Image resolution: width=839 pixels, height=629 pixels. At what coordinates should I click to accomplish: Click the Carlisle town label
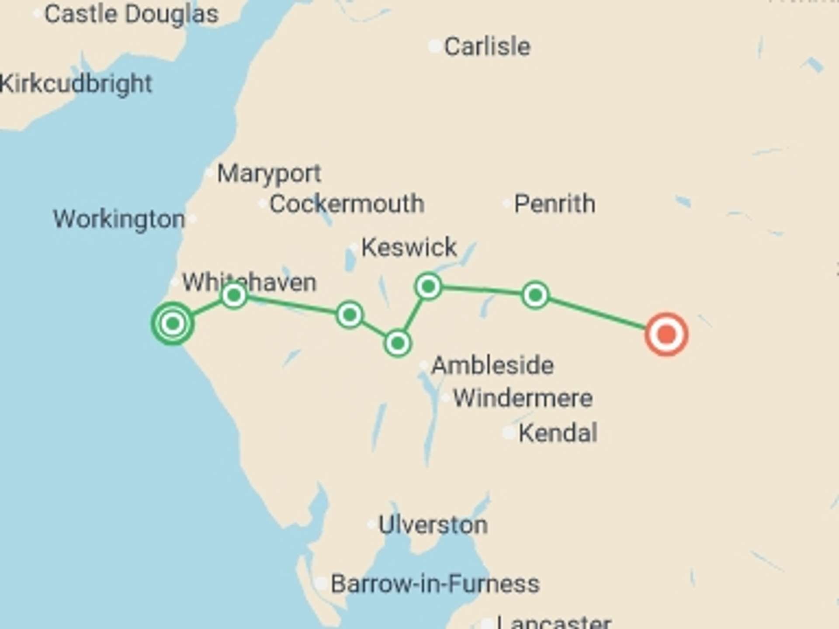[x=487, y=46]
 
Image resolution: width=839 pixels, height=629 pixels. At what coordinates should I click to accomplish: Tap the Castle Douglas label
[x=131, y=14]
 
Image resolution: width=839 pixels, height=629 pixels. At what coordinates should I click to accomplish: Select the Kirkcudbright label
[x=75, y=83]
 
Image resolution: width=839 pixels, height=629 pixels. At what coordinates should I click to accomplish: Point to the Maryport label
[x=269, y=174]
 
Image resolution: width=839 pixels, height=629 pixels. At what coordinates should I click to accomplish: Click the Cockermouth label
[x=347, y=204]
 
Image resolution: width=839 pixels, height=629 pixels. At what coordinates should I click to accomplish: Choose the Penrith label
[x=554, y=204]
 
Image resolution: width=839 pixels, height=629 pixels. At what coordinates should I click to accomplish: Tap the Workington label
[x=119, y=219]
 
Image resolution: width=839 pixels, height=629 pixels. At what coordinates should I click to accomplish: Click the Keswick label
[x=409, y=248]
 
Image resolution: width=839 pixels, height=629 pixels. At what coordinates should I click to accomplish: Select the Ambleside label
[x=492, y=365]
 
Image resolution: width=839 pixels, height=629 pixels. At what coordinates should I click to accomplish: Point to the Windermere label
[x=523, y=398]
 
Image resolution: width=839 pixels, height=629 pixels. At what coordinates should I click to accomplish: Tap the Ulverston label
[x=433, y=525]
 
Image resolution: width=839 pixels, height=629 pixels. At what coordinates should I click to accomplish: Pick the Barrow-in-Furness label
[x=435, y=584]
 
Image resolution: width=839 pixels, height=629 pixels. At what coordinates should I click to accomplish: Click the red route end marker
[x=666, y=335]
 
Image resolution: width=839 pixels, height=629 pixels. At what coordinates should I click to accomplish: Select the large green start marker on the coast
[x=173, y=324]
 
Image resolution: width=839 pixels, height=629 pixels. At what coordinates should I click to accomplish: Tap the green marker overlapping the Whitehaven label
[x=234, y=296]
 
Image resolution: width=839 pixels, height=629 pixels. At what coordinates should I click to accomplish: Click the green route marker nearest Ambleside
[x=397, y=343]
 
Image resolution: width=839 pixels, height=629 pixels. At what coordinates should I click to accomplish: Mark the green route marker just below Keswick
[x=428, y=287]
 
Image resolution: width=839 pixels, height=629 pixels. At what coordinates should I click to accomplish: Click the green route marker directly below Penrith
[x=535, y=296]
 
